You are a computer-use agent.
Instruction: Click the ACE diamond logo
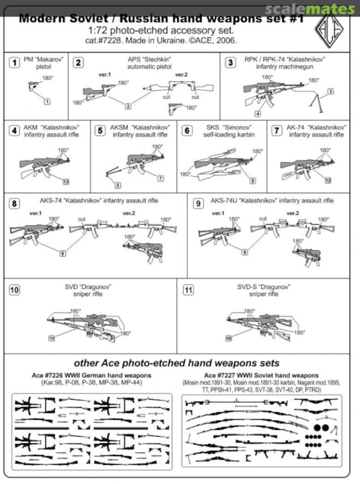pos(332,31)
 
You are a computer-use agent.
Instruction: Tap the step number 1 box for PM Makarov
pos(15,62)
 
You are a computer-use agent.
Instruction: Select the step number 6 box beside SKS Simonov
pos(187,130)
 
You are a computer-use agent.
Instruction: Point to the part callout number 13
pos(66,181)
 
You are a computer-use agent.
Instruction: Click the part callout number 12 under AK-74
pos(328,180)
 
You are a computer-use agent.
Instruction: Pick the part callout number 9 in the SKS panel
pos(253,181)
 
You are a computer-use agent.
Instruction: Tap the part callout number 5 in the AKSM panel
pos(117,185)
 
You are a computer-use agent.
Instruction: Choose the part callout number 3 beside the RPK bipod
pos(330,91)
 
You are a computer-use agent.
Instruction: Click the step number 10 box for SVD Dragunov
pos(15,290)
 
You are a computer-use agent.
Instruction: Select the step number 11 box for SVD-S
pos(188,290)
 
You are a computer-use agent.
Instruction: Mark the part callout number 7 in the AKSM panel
pos(160,178)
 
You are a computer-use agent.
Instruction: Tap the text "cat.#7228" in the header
pos(103,40)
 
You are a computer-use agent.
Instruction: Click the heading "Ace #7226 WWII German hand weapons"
pos(91,376)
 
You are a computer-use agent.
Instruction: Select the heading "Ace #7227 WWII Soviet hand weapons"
pos(261,376)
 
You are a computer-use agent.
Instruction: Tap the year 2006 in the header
pos(227,40)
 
